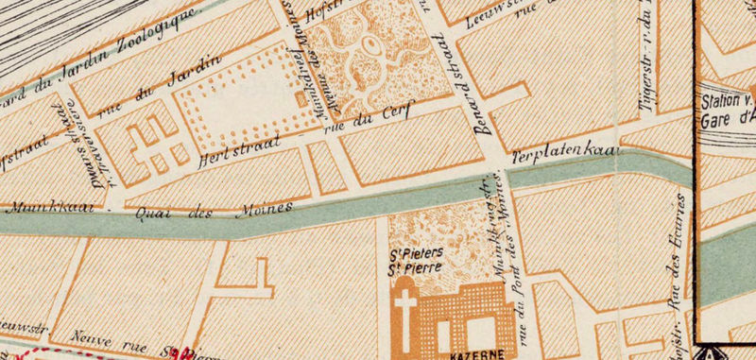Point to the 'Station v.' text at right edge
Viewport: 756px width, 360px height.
point(726,99)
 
